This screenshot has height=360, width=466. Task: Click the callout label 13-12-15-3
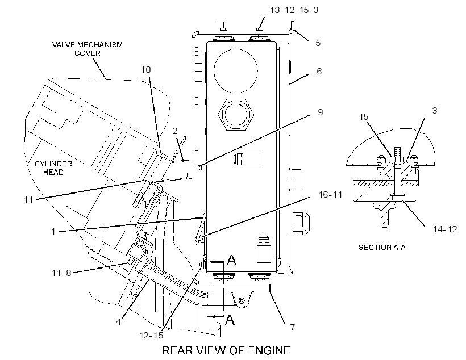294,10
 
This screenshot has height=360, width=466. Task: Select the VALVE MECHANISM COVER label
88,49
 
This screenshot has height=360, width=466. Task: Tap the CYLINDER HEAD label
53,168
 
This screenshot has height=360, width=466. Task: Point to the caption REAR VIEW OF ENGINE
226,350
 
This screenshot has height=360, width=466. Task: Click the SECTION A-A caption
382,247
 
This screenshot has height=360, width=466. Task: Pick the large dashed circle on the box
236,71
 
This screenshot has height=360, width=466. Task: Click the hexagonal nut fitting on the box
236,114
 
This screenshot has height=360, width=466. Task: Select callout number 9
320,112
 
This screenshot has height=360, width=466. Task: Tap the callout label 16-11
331,195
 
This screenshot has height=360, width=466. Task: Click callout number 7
293,327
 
